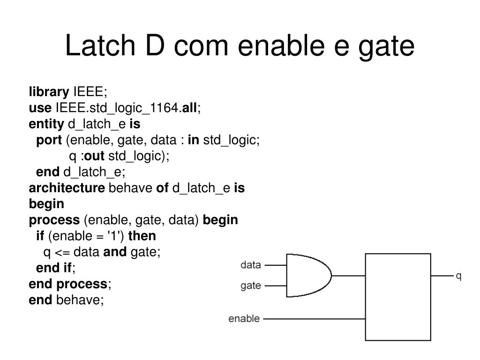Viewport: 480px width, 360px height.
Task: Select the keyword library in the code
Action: click(48, 91)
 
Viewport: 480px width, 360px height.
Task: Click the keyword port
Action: click(49, 140)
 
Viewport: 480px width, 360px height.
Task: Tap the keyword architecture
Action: click(67, 188)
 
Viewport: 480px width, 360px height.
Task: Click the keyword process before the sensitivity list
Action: click(54, 220)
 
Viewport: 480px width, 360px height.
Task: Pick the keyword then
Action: click(142, 236)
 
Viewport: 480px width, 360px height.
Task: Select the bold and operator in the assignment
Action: click(115, 252)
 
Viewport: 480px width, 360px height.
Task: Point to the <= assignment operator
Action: click(62, 252)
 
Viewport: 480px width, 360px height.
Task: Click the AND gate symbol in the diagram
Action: click(307, 275)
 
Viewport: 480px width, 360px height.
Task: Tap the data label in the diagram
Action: click(250, 265)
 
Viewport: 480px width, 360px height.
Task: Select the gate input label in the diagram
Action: click(250, 286)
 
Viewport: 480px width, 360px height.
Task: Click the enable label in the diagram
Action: click(244, 319)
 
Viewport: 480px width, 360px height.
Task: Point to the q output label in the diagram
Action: click(459, 276)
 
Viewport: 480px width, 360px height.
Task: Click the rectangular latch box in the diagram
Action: click(398, 297)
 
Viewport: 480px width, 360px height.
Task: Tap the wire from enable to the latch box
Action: click(314, 319)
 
